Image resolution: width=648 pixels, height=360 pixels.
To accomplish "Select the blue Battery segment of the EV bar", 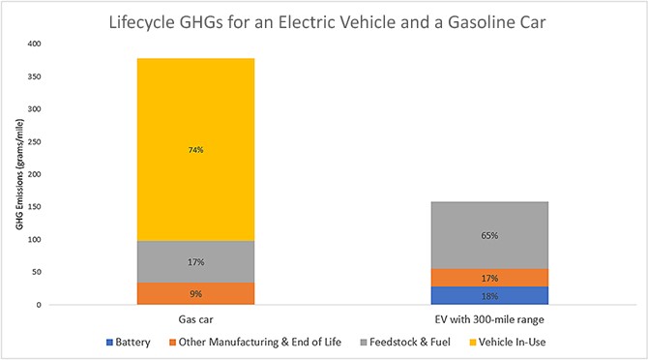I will click(468, 295).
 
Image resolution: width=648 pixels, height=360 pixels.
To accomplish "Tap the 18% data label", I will click(468, 296).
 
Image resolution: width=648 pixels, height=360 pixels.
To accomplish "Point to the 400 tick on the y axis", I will click(36, 44).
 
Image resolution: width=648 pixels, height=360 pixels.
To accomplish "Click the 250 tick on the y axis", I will click(36, 141).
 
